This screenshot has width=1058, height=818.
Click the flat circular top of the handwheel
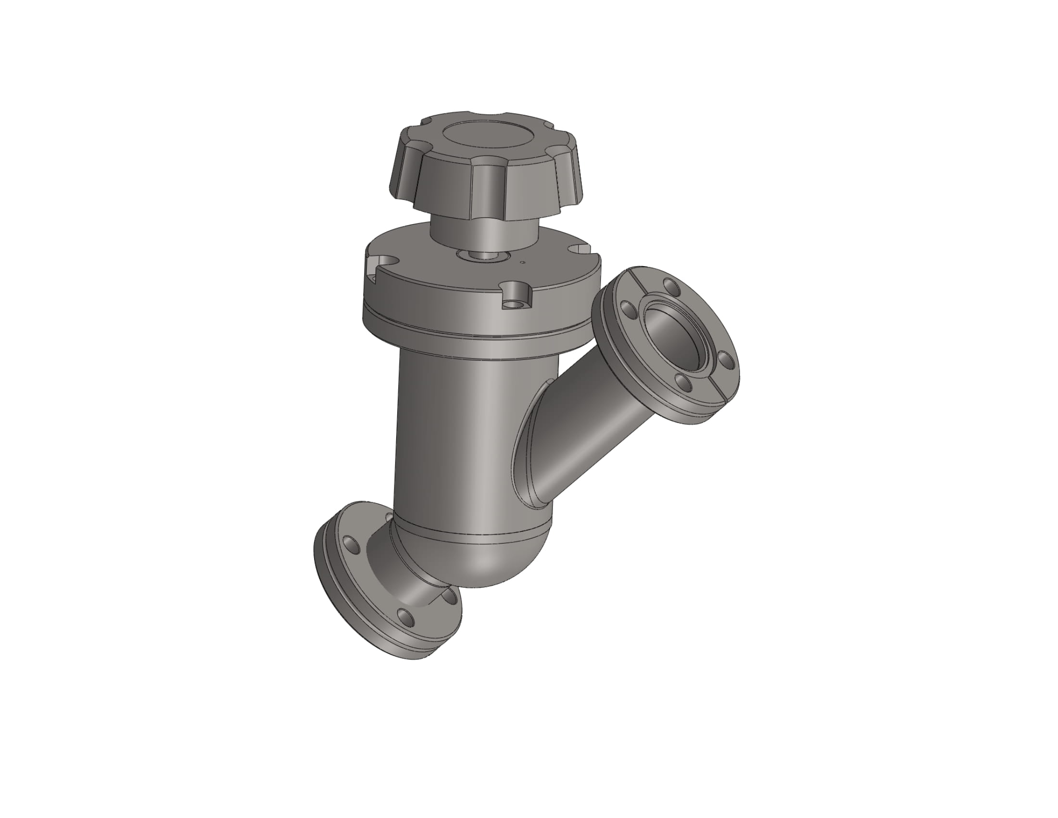point(489,134)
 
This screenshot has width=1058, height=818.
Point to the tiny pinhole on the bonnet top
point(522,263)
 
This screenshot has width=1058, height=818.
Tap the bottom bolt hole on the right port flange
point(684,383)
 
